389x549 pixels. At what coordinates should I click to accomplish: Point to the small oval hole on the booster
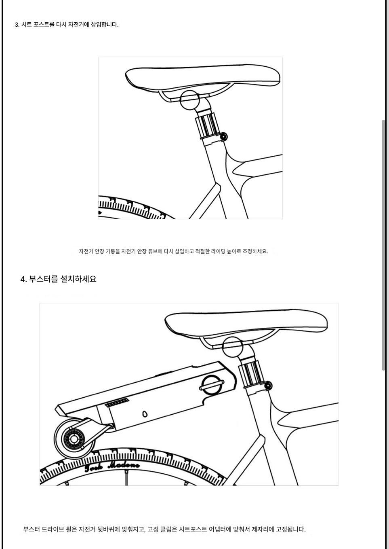coord(145,414)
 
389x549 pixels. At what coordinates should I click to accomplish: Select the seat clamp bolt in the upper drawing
coord(223,136)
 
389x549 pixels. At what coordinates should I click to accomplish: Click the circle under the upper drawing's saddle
coord(190,100)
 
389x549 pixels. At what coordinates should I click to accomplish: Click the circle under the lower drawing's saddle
coord(233,347)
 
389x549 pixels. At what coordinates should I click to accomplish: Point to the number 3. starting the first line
coord(17,25)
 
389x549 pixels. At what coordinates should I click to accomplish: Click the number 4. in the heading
coord(23,279)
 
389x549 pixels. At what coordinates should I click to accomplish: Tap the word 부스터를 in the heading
coord(44,279)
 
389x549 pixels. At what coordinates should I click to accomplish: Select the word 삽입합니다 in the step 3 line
coord(105,25)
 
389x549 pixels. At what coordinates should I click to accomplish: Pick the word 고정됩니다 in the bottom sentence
coord(291,529)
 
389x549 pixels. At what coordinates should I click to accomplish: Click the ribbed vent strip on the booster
coord(117,403)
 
